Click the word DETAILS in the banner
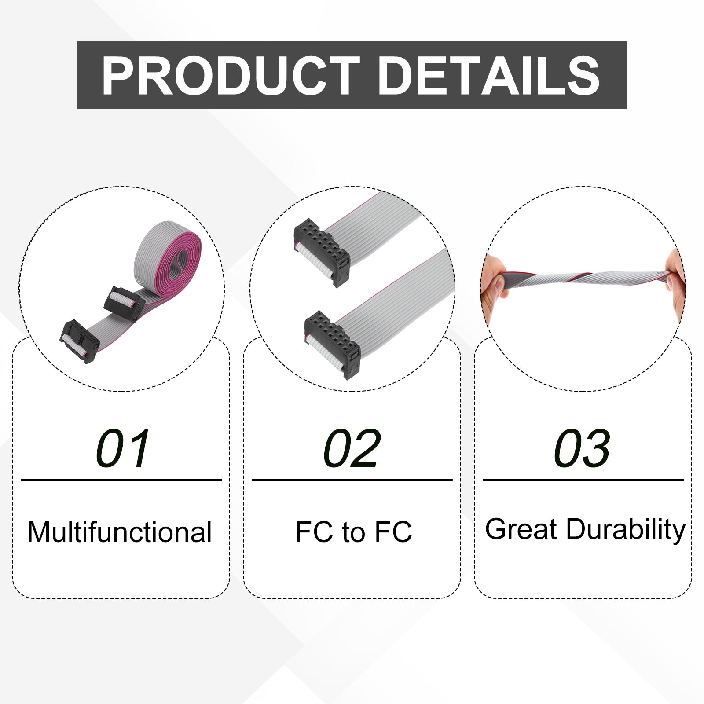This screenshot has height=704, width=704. point(489,76)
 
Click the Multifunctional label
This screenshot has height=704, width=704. point(120,532)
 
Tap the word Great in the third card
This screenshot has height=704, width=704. point(521,529)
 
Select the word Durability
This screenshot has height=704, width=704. point(626,531)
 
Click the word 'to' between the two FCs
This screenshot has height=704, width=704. point(353,532)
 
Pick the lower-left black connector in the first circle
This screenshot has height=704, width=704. point(80,341)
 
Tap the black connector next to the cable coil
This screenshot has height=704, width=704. point(125,303)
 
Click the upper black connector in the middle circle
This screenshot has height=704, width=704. point(322,252)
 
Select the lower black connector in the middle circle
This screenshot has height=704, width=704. point(333,345)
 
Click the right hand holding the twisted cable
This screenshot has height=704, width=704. point(675,282)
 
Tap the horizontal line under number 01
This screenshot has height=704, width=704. point(121,480)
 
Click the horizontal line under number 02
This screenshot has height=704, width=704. point(352,480)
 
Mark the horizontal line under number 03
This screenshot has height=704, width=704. point(583,480)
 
